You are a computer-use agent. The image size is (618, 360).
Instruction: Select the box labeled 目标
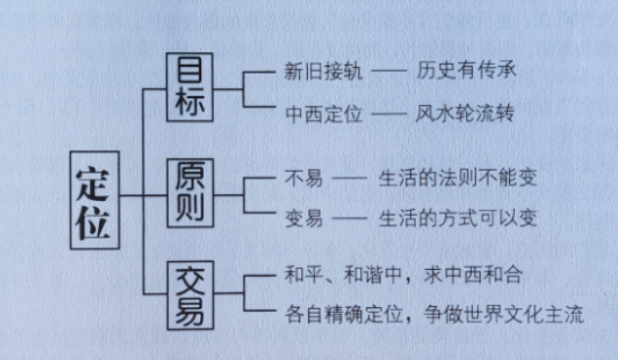[191, 89]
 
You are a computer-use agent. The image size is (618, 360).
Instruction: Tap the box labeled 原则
[191, 194]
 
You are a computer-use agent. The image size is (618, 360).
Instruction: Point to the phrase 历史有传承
[465, 72]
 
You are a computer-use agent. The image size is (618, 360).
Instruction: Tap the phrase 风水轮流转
[465, 113]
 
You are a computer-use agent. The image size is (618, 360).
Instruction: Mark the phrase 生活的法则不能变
[457, 178]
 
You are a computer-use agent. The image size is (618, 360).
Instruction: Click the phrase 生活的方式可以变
[457, 217]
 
